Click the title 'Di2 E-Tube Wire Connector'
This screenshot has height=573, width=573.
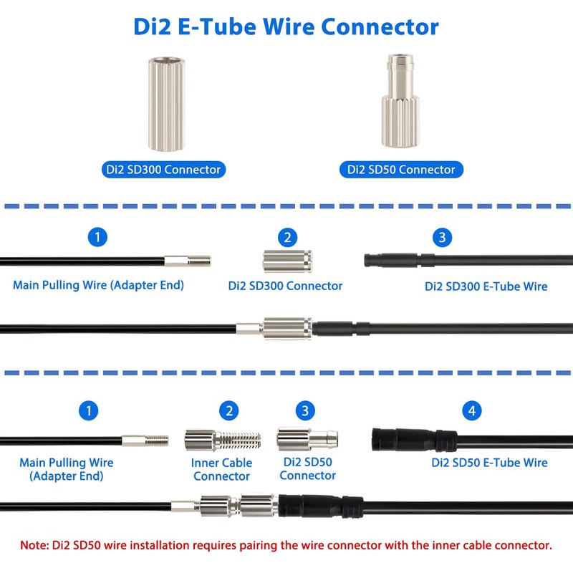[x=286, y=27]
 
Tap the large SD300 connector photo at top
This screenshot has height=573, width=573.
[x=166, y=104]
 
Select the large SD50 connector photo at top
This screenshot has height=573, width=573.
[x=400, y=101]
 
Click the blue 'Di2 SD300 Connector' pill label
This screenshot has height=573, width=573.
[x=163, y=170]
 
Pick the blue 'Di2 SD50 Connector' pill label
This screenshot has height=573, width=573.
[x=401, y=170]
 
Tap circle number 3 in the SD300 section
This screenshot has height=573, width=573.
[x=442, y=237]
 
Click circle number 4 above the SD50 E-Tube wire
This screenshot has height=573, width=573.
[x=472, y=410]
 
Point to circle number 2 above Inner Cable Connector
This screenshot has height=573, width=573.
[x=228, y=410]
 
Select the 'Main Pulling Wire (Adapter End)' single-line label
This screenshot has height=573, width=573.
[x=98, y=285]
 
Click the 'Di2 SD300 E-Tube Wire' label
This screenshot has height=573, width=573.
[x=486, y=286]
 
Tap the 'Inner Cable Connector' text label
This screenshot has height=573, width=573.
[x=221, y=469]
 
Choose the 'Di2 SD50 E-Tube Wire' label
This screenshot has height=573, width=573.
[x=489, y=462]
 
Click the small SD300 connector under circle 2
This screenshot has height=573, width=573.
[x=288, y=261]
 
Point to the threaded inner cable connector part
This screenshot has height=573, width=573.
[x=223, y=440]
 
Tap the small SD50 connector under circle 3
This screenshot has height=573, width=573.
[x=307, y=438]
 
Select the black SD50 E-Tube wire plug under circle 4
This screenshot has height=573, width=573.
[x=415, y=440]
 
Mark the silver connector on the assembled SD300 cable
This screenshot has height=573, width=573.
[x=287, y=329]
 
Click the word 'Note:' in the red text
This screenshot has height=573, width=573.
[x=34, y=545]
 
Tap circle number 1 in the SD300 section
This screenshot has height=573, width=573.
[x=97, y=237]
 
